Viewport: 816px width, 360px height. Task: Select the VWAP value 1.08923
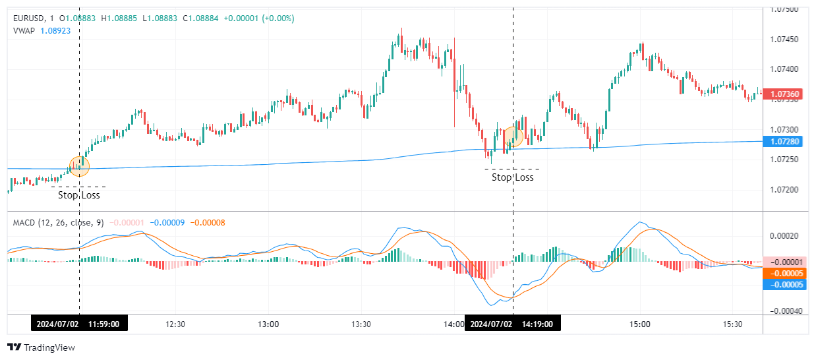[x=55, y=30]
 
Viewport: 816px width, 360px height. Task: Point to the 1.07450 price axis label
[x=784, y=40]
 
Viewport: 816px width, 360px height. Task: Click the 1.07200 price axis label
[x=784, y=190]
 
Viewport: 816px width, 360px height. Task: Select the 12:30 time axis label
[x=175, y=324]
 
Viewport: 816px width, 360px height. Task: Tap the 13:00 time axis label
[x=268, y=324]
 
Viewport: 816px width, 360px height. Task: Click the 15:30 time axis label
[x=733, y=324]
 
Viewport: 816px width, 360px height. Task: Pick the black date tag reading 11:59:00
[x=79, y=324]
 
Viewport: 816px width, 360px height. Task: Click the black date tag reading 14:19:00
[x=513, y=324]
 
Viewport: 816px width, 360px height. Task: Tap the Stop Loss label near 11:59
[x=79, y=195]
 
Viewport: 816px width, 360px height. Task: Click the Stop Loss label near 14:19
[x=512, y=177]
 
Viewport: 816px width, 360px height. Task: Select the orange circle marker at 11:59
[x=79, y=166]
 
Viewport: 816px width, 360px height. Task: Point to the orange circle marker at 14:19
[x=513, y=136]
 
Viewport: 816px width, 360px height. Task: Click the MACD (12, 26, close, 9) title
[x=58, y=223]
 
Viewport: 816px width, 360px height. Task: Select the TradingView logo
[x=41, y=347]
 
